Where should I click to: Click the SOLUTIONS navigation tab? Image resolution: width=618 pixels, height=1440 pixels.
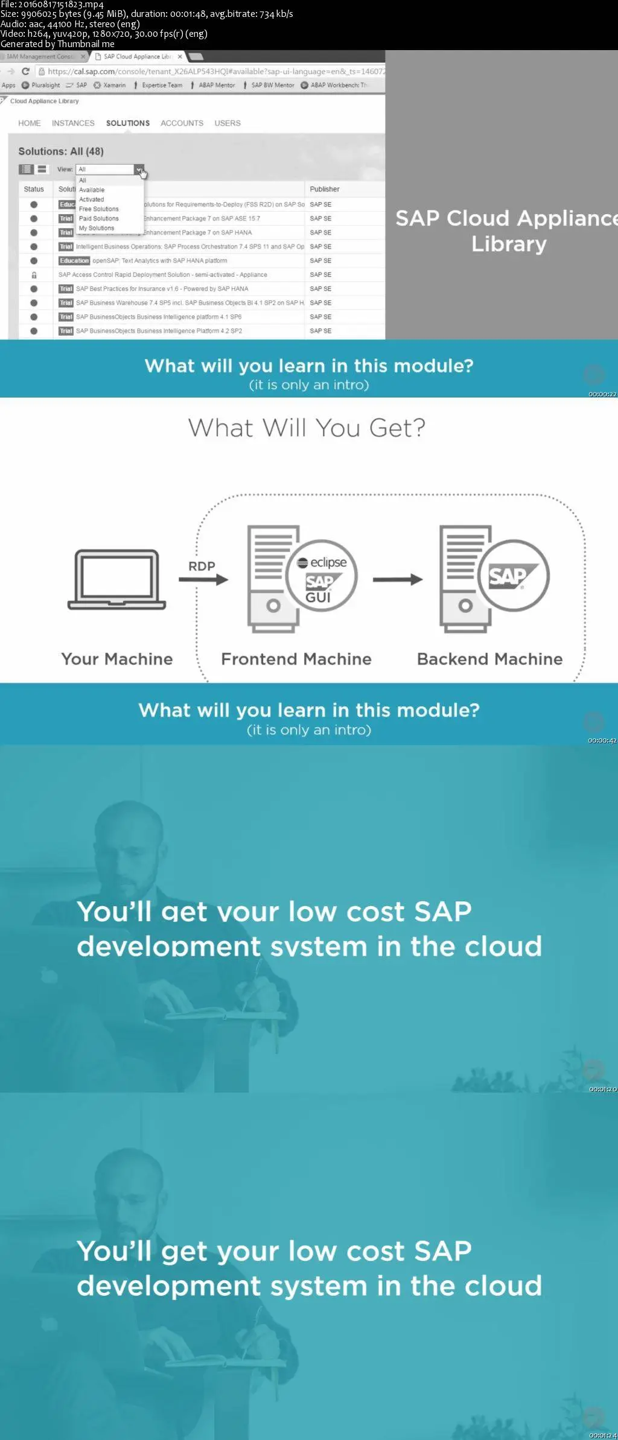(127, 123)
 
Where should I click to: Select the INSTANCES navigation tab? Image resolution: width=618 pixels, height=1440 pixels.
(73, 123)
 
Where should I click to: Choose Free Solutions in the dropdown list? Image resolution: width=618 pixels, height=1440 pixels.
(98, 209)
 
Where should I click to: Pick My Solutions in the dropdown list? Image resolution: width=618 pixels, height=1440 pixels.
(97, 228)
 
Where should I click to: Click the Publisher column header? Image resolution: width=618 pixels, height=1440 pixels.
(325, 189)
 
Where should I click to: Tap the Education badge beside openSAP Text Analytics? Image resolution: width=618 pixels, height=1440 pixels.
(74, 261)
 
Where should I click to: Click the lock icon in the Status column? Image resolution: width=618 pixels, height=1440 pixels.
(34, 275)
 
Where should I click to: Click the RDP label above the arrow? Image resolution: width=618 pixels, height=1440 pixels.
(202, 566)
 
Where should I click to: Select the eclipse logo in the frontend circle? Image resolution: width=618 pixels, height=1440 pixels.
(323, 562)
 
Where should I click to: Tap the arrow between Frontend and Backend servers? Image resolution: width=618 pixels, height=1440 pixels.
(398, 580)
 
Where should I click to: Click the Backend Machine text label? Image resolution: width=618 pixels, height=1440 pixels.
(489, 659)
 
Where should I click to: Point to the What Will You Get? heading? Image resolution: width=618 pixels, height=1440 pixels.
(307, 428)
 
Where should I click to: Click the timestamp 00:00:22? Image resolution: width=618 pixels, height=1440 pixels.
(602, 394)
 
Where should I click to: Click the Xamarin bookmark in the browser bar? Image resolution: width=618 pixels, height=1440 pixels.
(110, 85)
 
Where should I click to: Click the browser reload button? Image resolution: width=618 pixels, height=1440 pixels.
(25, 71)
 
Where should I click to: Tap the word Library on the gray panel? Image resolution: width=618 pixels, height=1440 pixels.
(509, 244)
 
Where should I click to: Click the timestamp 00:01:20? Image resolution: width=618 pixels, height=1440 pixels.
(602, 1089)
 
